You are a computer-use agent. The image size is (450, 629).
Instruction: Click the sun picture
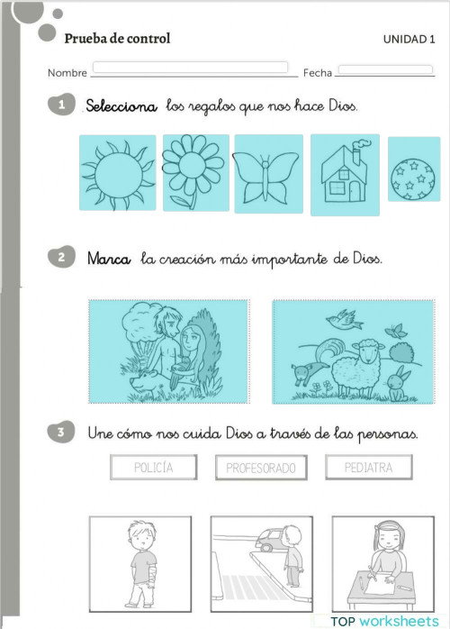click(x=117, y=172)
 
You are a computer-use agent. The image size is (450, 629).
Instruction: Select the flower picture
click(x=194, y=172)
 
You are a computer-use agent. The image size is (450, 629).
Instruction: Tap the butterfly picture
click(x=268, y=173)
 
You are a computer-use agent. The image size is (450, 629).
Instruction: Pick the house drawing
click(x=345, y=174)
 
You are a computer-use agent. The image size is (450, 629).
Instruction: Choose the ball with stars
click(x=413, y=169)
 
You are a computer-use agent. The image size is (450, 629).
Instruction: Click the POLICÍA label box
click(x=152, y=468)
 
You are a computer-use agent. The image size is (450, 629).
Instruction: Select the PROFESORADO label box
click(x=261, y=468)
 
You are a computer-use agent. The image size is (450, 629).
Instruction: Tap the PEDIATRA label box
click(x=367, y=468)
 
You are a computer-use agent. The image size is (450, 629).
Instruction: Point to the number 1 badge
click(x=60, y=105)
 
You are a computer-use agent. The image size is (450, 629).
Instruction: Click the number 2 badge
click(x=60, y=259)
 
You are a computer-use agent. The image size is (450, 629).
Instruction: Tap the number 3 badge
click(x=60, y=433)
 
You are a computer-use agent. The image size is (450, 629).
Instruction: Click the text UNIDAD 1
click(x=409, y=39)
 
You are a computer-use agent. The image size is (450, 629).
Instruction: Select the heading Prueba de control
click(x=117, y=39)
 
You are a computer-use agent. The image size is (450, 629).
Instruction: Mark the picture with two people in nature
click(x=169, y=351)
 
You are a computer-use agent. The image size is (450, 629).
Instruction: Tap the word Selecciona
click(x=121, y=106)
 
